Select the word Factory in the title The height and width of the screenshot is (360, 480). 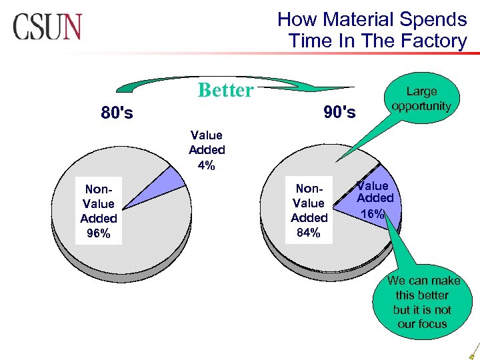(x=434, y=41)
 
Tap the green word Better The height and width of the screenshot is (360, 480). (x=225, y=90)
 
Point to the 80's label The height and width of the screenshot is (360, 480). (x=117, y=113)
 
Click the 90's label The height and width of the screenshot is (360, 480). (x=339, y=111)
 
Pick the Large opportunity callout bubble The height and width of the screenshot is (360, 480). (x=421, y=99)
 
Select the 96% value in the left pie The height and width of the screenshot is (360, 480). (x=98, y=233)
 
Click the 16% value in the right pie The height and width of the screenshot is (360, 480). (x=373, y=214)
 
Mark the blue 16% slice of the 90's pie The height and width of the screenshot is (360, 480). (x=380, y=200)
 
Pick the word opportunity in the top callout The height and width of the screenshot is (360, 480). (x=421, y=106)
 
